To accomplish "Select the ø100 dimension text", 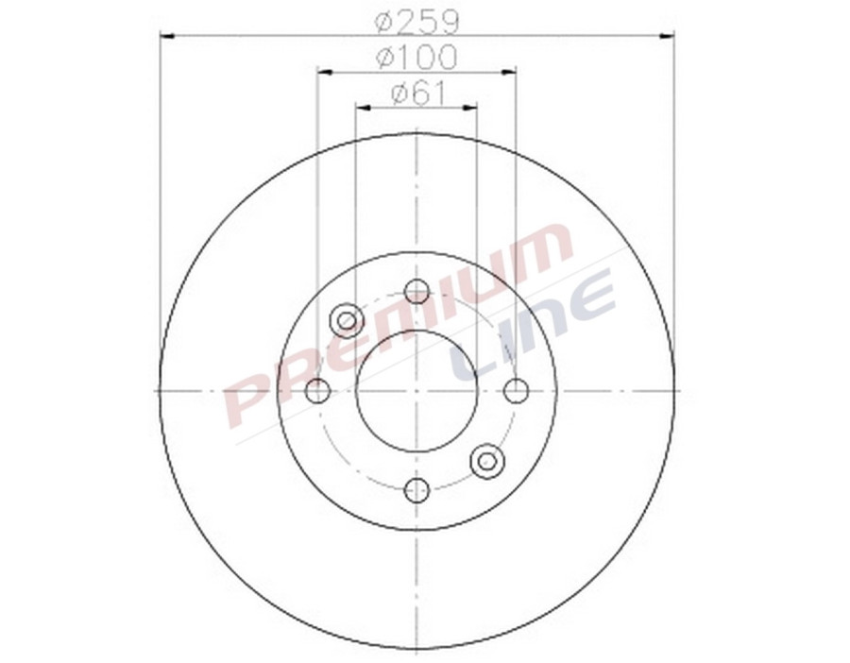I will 416,57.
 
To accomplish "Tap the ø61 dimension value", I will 416,93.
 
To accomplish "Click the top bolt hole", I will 416,291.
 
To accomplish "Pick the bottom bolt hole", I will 416,490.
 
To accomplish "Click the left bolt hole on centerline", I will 318,390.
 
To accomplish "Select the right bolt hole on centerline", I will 516,390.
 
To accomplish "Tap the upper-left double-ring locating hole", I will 347,320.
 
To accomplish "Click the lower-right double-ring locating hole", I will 487,461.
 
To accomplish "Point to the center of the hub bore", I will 416,390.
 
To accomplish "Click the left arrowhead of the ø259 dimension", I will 167,36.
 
